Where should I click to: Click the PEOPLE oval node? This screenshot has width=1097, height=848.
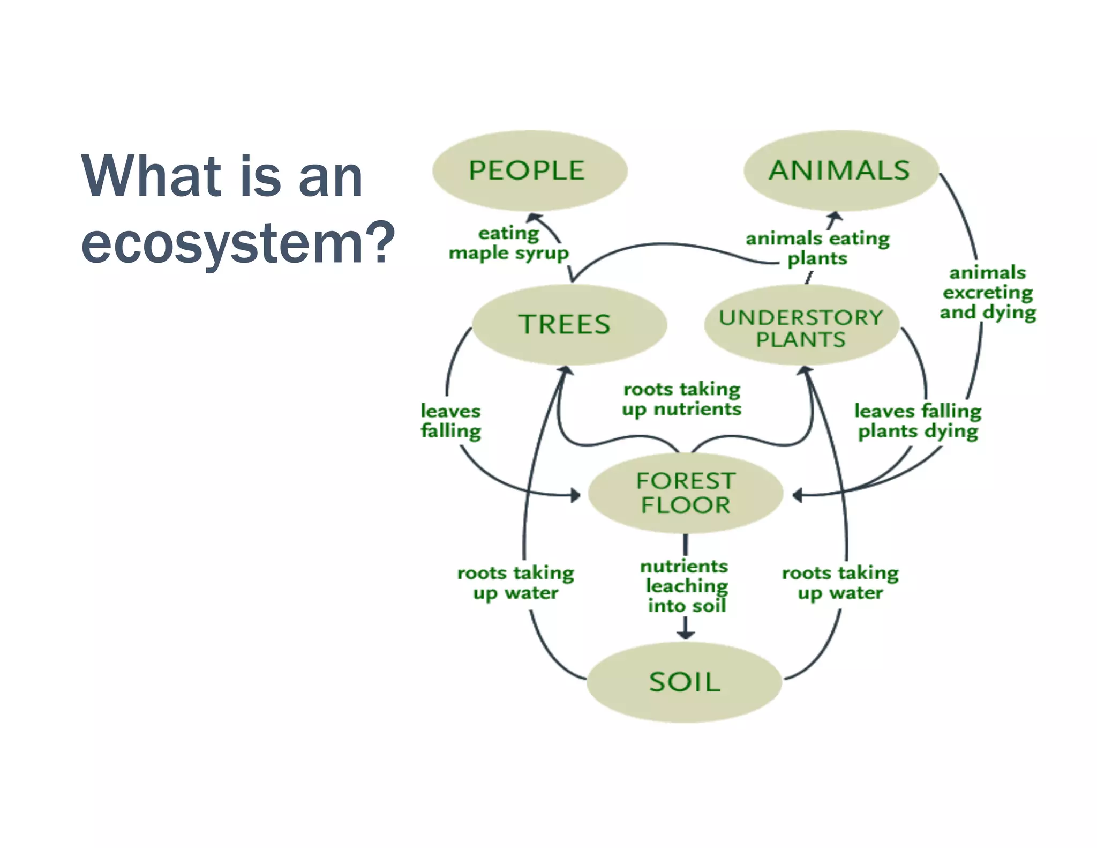coord(529,170)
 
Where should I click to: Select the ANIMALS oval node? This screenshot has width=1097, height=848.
coord(841,170)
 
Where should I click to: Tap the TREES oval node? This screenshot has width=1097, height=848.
coord(569,325)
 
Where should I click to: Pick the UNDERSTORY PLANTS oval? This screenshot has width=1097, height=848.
coord(801,326)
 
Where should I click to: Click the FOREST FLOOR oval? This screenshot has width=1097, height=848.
coord(685,493)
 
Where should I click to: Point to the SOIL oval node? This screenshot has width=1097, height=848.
coord(684,682)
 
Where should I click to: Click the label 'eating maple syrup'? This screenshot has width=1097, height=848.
coord(508,243)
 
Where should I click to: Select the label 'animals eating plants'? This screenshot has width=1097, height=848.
coord(817,248)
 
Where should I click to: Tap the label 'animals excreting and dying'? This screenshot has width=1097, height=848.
coord(987,293)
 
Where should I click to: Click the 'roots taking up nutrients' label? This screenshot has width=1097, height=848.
coord(681,399)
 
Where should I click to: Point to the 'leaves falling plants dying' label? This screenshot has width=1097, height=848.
coord(918,421)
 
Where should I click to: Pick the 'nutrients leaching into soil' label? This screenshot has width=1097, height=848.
coord(685,586)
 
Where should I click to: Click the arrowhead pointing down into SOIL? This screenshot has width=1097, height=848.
coord(686,634)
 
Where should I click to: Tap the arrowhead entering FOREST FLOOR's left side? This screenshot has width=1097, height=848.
coord(576,495)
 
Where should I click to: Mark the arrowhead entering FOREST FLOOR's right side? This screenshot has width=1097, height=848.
coord(797,495)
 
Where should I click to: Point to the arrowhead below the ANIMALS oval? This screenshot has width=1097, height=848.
coord(835,217)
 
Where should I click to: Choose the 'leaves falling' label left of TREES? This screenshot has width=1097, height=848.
coord(450,421)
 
